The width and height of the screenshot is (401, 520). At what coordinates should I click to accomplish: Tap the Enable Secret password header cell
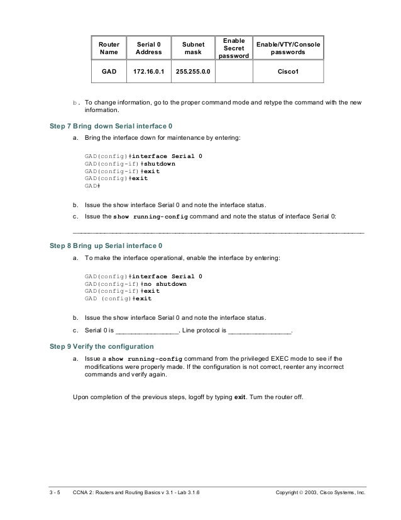tap(234, 48)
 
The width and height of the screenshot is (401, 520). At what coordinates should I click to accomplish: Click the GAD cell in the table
tap(108, 71)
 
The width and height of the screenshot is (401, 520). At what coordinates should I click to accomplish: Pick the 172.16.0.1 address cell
tap(149, 71)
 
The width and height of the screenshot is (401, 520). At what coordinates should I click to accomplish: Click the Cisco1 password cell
tap(287, 71)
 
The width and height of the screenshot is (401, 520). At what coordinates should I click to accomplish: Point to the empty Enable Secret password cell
tap(234, 71)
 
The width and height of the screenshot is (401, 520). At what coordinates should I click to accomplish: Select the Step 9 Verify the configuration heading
tap(101, 347)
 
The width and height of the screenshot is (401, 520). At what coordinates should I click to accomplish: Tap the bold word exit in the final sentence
tap(240, 397)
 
